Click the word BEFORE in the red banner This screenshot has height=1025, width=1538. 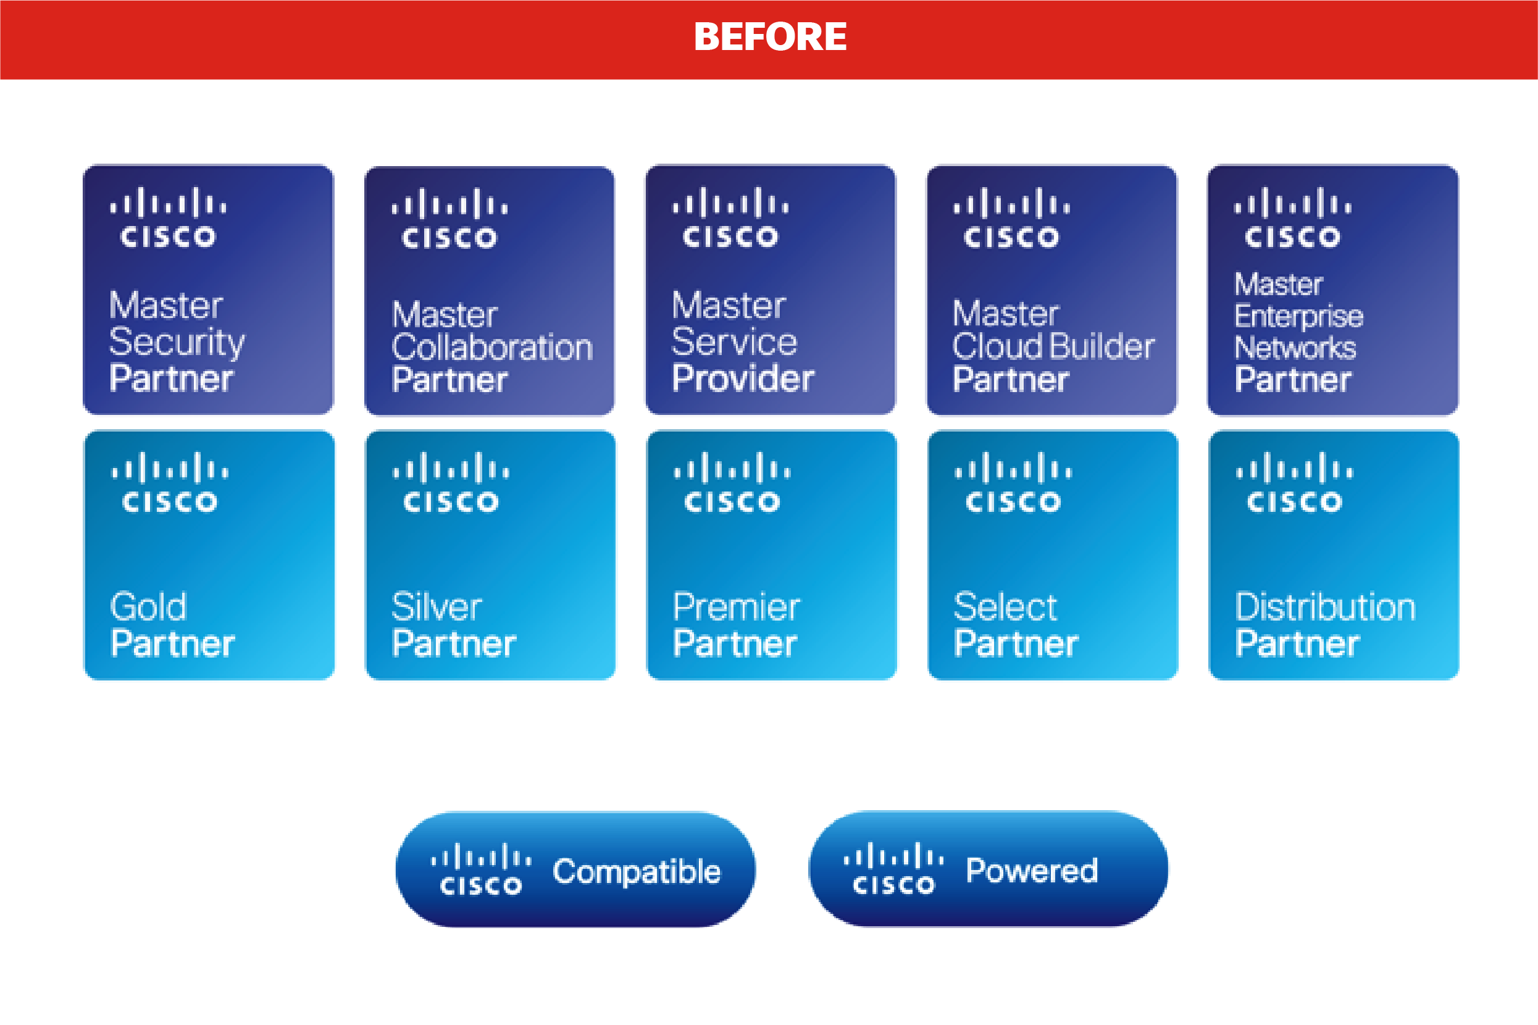click(x=770, y=37)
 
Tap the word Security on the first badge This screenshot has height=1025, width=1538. click(x=177, y=342)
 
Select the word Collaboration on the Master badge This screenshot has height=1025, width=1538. click(x=492, y=347)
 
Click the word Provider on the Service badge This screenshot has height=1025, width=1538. click(x=743, y=379)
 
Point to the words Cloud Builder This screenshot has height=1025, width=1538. click(x=1053, y=346)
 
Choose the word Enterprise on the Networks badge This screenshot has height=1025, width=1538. click(x=1298, y=317)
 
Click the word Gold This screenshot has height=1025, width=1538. click(x=149, y=606)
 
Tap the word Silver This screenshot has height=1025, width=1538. click(x=437, y=606)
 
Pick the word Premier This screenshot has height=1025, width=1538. click(x=736, y=606)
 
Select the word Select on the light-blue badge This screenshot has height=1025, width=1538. click(x=1005, y=606)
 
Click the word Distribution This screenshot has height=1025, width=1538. click(x=1325, y=606)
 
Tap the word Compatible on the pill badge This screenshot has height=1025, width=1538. click(x=636, y=872)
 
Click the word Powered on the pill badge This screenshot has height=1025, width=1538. click(x=1032, y=871)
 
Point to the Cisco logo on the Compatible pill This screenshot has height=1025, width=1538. click(x=480, y=869)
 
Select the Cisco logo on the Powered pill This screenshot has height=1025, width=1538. click(x=893, y=869)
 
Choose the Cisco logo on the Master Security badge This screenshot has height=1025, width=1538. click(x=168, y=218)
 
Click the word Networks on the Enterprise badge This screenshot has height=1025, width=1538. click(x=1295, y=348)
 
